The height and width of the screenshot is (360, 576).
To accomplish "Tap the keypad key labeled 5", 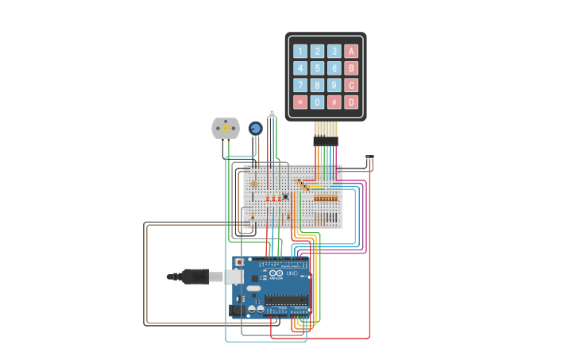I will pyautogui.click(x=317, y=68).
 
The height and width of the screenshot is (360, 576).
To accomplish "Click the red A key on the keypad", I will pyautogui.click(x=351, y=51).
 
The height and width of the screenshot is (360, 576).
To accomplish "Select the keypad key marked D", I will pyautogui.click(x=351, y=102).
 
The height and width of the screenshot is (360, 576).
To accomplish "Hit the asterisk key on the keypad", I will pyautogui.click(x=300, y=102).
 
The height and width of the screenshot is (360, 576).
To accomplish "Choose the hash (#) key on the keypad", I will pyautogui.click(x=334, y=102).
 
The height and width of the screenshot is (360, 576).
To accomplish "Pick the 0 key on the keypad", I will pyautogui.click(x=317, y=102).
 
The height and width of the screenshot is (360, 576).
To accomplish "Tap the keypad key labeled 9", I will pyautogui.click(x=334, y=85).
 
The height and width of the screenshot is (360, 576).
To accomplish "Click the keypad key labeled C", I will pyautogui.click(x=351, y=85).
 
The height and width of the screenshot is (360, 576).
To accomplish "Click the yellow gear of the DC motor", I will pyautogui.click(x=226, y=128).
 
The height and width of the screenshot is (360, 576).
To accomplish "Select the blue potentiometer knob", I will pyautogui.click(x=255, y=128).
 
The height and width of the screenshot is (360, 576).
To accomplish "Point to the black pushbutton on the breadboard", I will pyautogui.click(x=285, y=195).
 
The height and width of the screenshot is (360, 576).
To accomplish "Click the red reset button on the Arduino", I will pyautogui.click(x=239, y=262).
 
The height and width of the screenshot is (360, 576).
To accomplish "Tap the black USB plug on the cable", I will pyautogui.click(x=194, y=277).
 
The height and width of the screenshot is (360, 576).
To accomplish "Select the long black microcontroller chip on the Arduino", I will pyautogui.click(x=286, y=300).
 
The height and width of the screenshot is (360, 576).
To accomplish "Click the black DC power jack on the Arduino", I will pyautogui.click(x=237, y=310).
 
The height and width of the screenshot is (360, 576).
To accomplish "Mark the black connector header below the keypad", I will pyautogui.click(x=326, y=141).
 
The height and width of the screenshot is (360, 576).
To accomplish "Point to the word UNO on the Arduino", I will pyautogui.click(x=291, y=273).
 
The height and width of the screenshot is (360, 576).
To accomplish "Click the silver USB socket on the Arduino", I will pyautogui.click(x=234, y=277).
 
